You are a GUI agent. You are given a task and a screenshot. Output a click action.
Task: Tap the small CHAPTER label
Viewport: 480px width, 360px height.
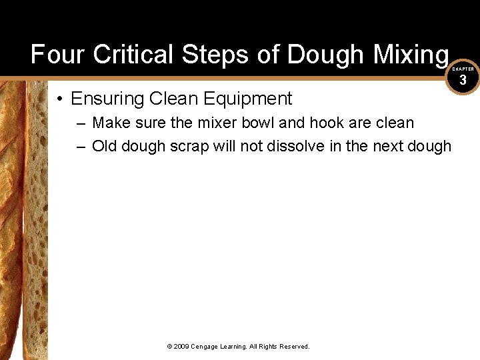click(463, 69)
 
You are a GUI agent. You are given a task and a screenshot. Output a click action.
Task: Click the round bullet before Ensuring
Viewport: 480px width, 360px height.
click(60, 99)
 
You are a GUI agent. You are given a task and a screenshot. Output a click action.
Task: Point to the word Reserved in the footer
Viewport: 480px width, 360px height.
click(295, 347)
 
